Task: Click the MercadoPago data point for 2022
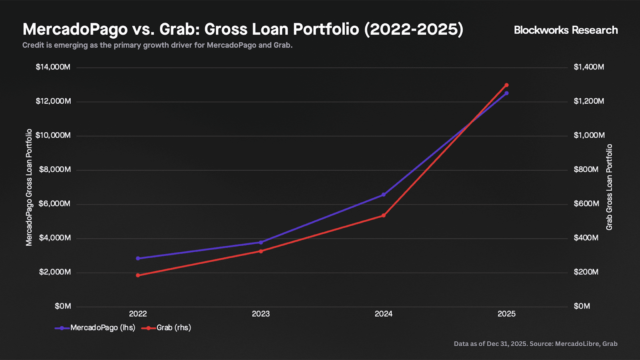(138, 258)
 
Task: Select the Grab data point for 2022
(138, 275)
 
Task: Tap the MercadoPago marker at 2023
(261, 242)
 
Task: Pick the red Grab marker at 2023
(261, 251)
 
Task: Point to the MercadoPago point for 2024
(384, 195)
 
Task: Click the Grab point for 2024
(384, 216)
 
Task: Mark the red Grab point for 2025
(506, 85)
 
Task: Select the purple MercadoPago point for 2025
(506, 93)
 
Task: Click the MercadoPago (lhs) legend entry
(95, 328)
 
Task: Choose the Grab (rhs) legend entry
(166, 328)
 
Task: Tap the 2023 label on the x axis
(261, 314)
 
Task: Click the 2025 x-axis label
(506, 314)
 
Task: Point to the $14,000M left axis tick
(53, 67)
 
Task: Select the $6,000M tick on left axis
(54, 204)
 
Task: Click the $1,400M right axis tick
(589, 67)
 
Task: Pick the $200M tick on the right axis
(586, 272)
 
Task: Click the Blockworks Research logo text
(566, 30)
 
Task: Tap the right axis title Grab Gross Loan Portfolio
(609, 187)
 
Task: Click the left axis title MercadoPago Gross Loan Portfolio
(29, 187)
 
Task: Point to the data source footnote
(535, 344)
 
